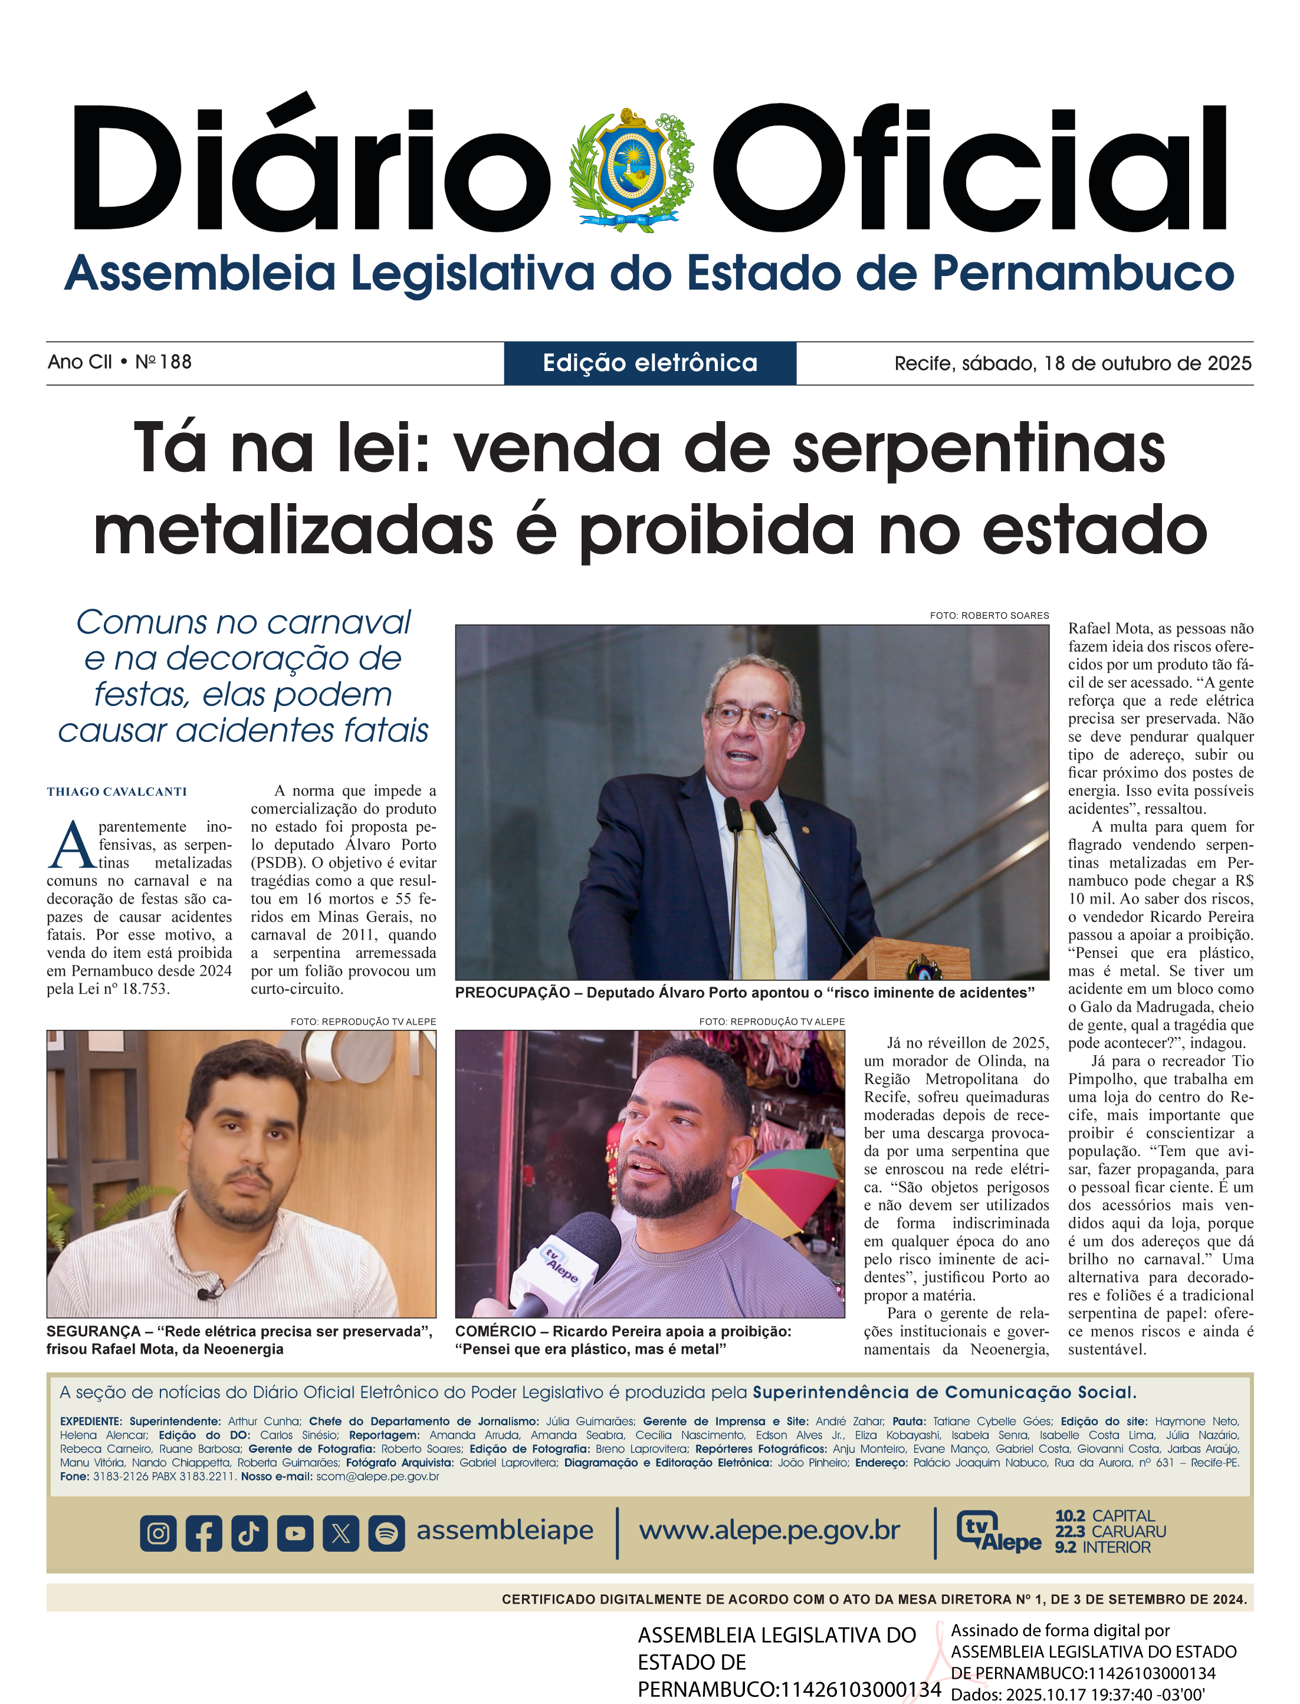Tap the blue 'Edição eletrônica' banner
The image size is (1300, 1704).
[650, 363]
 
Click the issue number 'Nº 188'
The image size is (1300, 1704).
[163, 362]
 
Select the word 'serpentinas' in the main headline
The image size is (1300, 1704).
[979, 449]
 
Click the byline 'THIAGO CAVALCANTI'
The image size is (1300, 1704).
[117, 792]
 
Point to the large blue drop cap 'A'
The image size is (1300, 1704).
[71, 845]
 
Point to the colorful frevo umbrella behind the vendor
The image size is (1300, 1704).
[789, 1191]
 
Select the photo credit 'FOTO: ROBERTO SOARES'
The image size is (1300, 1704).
[989, 615]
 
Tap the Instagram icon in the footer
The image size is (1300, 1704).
[159, 1533]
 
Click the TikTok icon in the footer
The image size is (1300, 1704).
[249, 1533]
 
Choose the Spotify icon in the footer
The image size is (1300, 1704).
[386, 1533]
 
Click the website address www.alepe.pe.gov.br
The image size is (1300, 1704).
[769, 1530]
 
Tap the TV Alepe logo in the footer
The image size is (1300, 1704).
[998, 1531]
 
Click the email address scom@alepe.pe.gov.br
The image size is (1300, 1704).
[377, 1476]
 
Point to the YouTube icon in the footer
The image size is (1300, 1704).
[295, 1533]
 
